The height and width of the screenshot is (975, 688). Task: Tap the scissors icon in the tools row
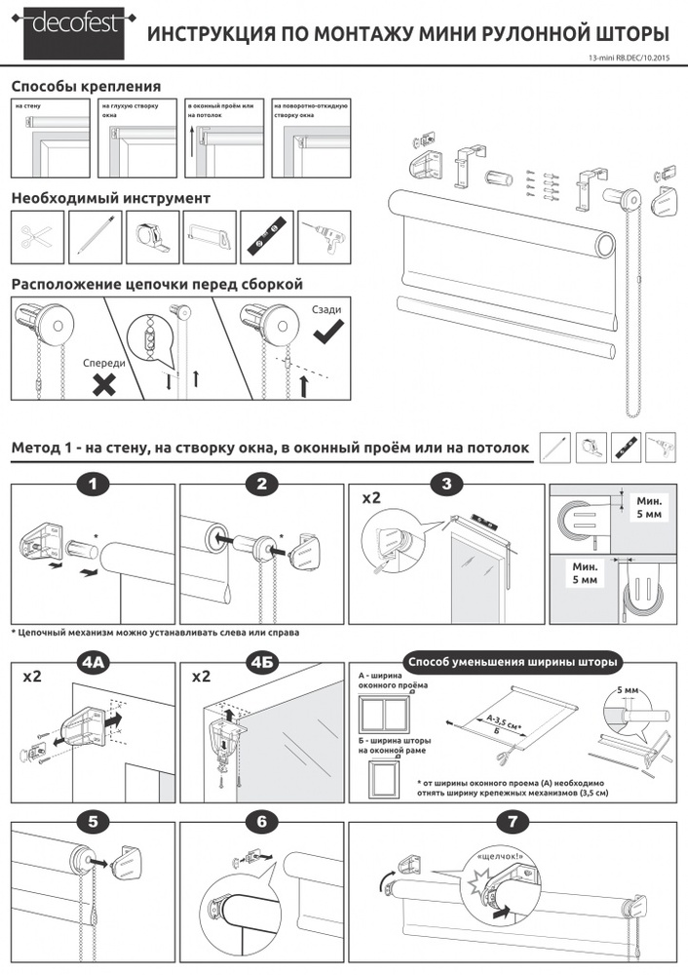click(x=36, y=236)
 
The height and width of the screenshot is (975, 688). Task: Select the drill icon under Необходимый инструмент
click(x=325, y=236)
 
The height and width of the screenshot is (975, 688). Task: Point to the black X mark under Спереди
click(x=104, y=385)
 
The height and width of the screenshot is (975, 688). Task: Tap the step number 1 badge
click(x=94, y=485)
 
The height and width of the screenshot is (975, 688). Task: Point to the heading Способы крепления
click(x=86, y=87)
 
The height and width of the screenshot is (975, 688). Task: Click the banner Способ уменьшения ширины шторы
click(x=511, y=662)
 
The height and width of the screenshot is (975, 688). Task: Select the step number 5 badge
click(x=94, y=820)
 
